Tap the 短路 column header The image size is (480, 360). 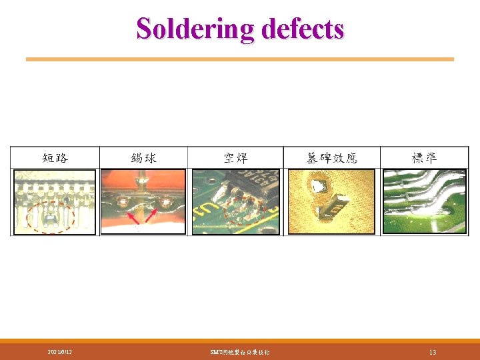tap(55, 158)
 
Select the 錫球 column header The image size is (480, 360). tap(143, 158)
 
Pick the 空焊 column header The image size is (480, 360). tap(236, 158)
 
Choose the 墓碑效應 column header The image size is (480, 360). tap(332, 158)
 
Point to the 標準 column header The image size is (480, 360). tap(424, 158)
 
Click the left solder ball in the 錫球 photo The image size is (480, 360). tap(123, 199)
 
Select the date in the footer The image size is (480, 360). tap(60, 351)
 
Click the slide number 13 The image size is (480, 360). tap(433, 351)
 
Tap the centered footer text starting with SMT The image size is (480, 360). tap(239, 351)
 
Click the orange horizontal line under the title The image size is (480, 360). tap(239, 59)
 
